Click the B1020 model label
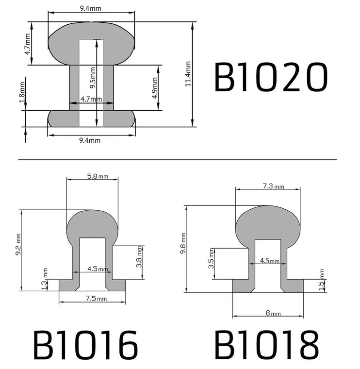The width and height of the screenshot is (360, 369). tap(271, 78)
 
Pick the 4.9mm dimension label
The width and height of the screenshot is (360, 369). tap(155, 88)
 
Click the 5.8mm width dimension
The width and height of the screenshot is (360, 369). tap(98, 176)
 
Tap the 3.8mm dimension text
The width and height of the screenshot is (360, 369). tap(140, 256)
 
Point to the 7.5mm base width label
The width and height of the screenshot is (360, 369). tap(92, 299)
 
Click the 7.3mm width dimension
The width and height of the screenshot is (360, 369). tap(273, 186)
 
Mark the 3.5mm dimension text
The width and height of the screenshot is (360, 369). tap(212, 263)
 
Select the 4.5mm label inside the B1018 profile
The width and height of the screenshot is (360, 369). tap(270, 261)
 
